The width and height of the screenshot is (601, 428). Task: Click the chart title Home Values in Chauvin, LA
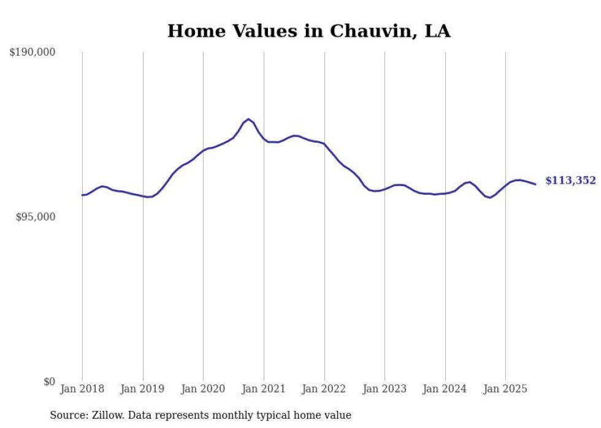tap(308, 31)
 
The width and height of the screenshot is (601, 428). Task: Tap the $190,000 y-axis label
tap(32, 53)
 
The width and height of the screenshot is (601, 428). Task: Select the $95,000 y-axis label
tap(35, 217)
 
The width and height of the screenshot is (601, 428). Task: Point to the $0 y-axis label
tap(49, 382)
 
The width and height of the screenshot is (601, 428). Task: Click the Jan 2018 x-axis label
tap(82, 389)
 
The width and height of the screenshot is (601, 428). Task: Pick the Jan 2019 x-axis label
tap(143, 389)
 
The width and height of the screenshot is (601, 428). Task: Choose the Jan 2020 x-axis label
tap(203, 389)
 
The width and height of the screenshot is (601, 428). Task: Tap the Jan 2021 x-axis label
tap(264, 389)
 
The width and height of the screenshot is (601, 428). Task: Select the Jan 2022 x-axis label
tap(324, 389)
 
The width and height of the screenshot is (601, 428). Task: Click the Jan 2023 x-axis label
tap(385, 389)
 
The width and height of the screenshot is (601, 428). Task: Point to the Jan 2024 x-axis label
tap(445, 389)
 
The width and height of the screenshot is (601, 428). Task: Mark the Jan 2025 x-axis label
tap(505, 389)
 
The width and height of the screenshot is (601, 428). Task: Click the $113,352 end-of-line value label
tap(570, 181)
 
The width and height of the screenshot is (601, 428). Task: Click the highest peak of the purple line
tap(248, 119)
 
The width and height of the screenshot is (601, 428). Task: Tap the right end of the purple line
tap(535, 184)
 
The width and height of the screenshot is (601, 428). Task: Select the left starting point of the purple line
tap(82, 195)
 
